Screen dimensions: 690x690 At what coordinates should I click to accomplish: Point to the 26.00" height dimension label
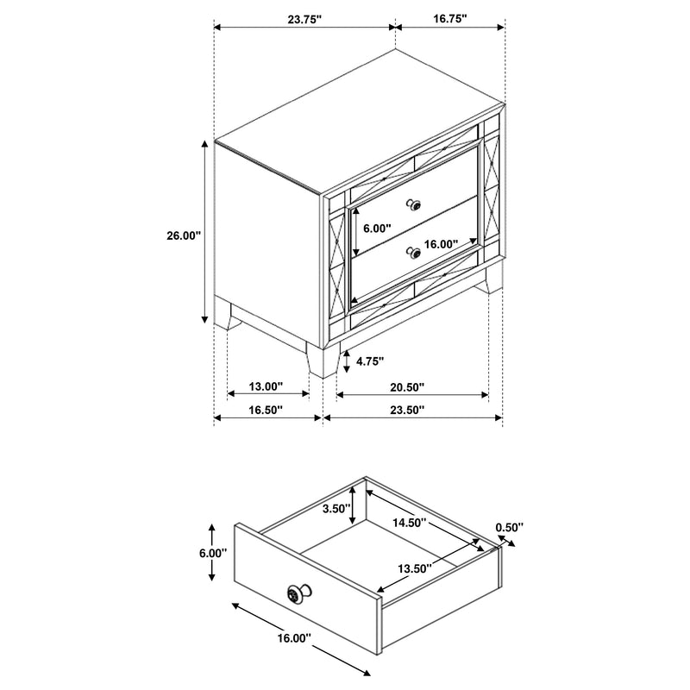pos(184,234)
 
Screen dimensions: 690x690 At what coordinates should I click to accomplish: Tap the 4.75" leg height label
pos(368,361)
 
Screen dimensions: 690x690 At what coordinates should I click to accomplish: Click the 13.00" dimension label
pos(267,386)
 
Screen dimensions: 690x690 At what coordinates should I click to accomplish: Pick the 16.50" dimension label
pos(267,411)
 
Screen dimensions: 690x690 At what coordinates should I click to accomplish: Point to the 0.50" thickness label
pos(509,527)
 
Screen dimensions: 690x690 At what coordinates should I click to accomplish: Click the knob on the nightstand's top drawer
pos(415,205)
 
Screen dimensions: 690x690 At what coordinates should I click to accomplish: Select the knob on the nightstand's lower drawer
pos(415,254)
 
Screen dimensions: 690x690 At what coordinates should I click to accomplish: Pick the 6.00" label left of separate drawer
pos(211,552)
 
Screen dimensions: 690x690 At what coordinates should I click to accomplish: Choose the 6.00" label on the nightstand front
pos(377,229)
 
